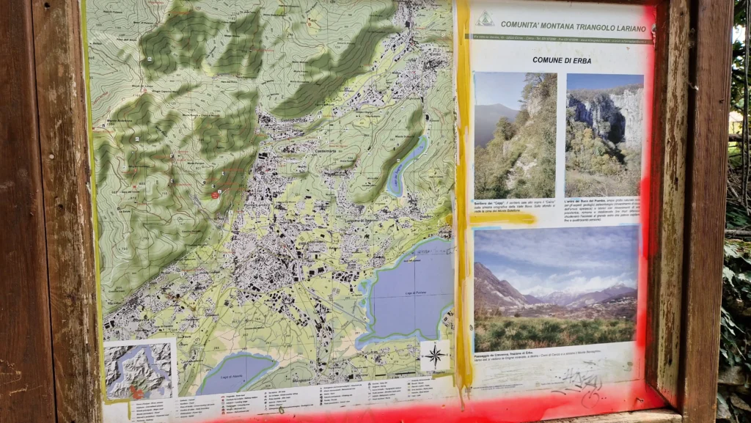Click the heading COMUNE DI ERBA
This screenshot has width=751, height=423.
click(561, 60)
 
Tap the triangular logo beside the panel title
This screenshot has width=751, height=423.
click(485, 20)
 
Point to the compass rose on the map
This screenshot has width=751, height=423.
click(435, 356)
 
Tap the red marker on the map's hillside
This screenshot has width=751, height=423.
click(215, 194)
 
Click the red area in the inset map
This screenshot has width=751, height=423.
click(137, 392)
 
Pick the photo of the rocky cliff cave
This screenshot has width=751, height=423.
click(604, 134)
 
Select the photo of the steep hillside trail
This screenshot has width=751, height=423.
click(515, 136)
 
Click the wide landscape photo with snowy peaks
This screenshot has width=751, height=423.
click(555, 288)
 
